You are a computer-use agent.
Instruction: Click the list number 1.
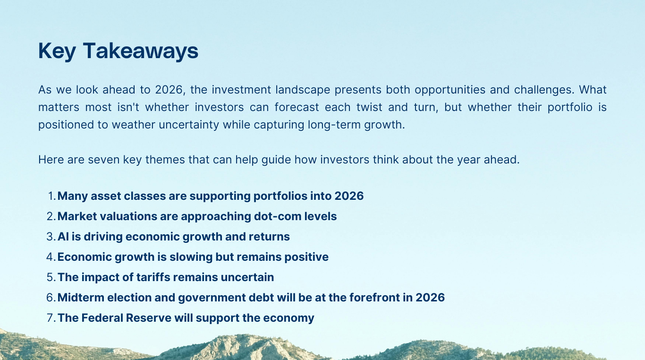coord(51,196)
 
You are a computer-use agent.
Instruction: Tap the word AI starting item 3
coord(63,237)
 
